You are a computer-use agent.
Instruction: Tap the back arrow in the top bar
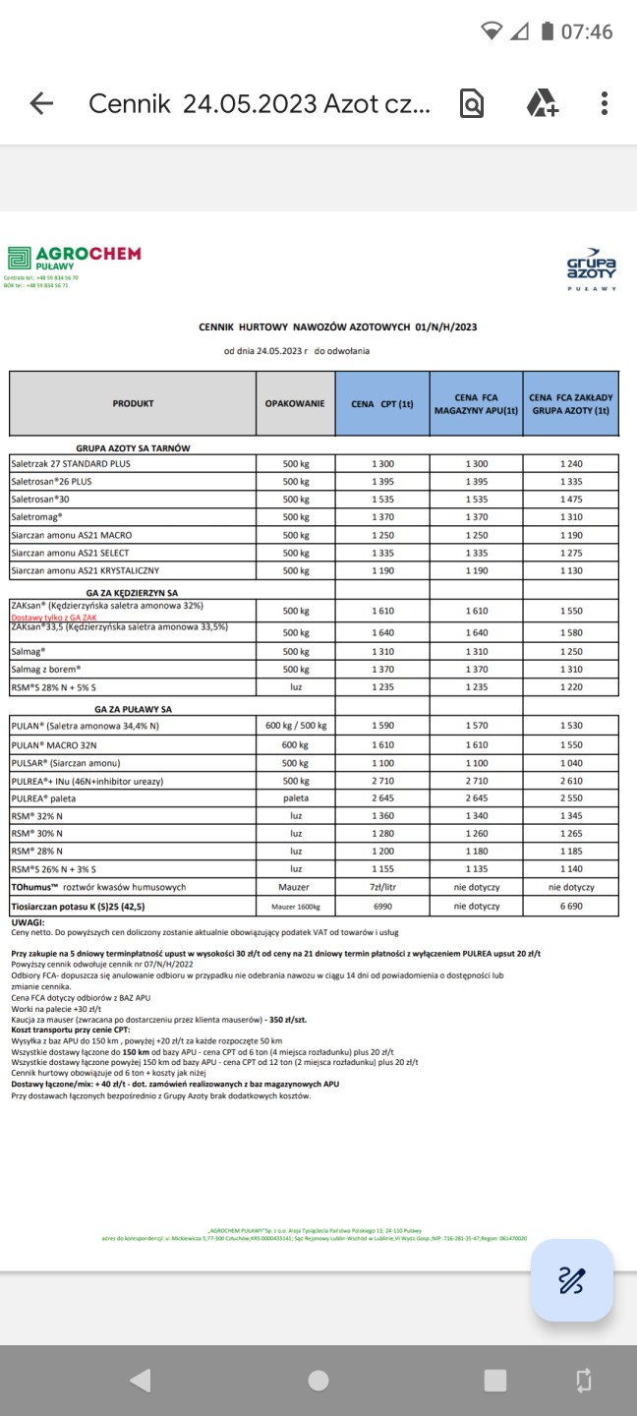(41, 103)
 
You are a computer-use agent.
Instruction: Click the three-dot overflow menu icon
(605, 103)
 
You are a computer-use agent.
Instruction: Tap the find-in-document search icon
(472, 103)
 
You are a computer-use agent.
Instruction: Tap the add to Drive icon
(542, 103)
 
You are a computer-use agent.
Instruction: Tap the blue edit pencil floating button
(572, 1279)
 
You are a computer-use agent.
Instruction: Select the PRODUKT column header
(133, 403)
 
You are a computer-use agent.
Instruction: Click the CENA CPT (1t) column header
(382, 403)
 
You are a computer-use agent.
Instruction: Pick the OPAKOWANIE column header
(295, 403)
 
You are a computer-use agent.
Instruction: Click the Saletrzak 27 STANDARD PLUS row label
(71, 463)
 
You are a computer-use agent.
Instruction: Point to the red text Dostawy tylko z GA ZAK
(54, 617)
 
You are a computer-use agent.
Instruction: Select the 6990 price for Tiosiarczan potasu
(382, 906)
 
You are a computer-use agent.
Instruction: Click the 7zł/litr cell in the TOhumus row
(382, 887)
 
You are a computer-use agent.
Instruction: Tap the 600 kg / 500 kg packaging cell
(296, 726)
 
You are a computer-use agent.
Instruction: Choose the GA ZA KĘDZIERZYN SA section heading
(133, 593)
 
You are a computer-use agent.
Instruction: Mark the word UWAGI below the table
(28, 922)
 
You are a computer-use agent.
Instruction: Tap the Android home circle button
(318, 1380)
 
